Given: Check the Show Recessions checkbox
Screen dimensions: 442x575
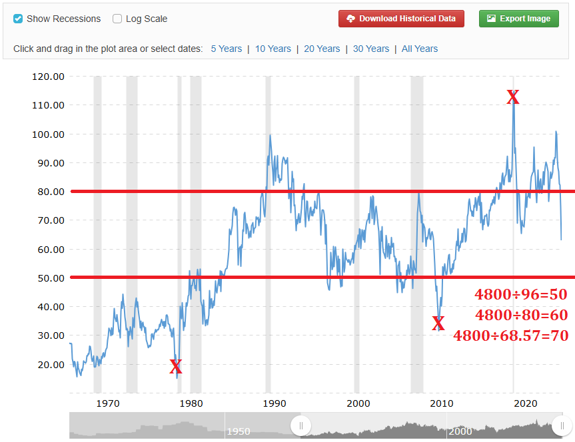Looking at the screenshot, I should [18, 19].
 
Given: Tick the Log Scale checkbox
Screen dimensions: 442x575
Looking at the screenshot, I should [117, 19].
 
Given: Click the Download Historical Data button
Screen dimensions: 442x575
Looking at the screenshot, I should [401, 19].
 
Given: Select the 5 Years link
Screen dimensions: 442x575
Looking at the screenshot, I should [227, 49].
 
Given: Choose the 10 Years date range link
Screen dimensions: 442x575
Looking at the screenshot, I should [273, 49].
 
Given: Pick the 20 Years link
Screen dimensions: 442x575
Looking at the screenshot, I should [322, 49].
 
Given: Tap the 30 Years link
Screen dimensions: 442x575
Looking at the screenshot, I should [371, 49].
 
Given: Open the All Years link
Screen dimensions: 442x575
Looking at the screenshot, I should [420, 49].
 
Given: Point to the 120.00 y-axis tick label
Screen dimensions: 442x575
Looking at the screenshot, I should [48, 77].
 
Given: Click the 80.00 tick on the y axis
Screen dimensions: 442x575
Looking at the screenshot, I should [48, 192].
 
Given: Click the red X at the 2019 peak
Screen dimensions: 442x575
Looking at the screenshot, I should [512, 97].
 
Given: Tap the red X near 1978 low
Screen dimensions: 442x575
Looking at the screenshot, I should [175, 366].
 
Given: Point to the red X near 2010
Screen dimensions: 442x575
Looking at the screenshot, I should [438, 324].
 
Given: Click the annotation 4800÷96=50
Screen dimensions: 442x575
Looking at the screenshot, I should [521, 295].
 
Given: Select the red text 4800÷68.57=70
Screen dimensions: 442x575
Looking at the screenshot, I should [511, 335].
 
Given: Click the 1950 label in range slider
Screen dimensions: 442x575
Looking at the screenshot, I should [239, 431].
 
